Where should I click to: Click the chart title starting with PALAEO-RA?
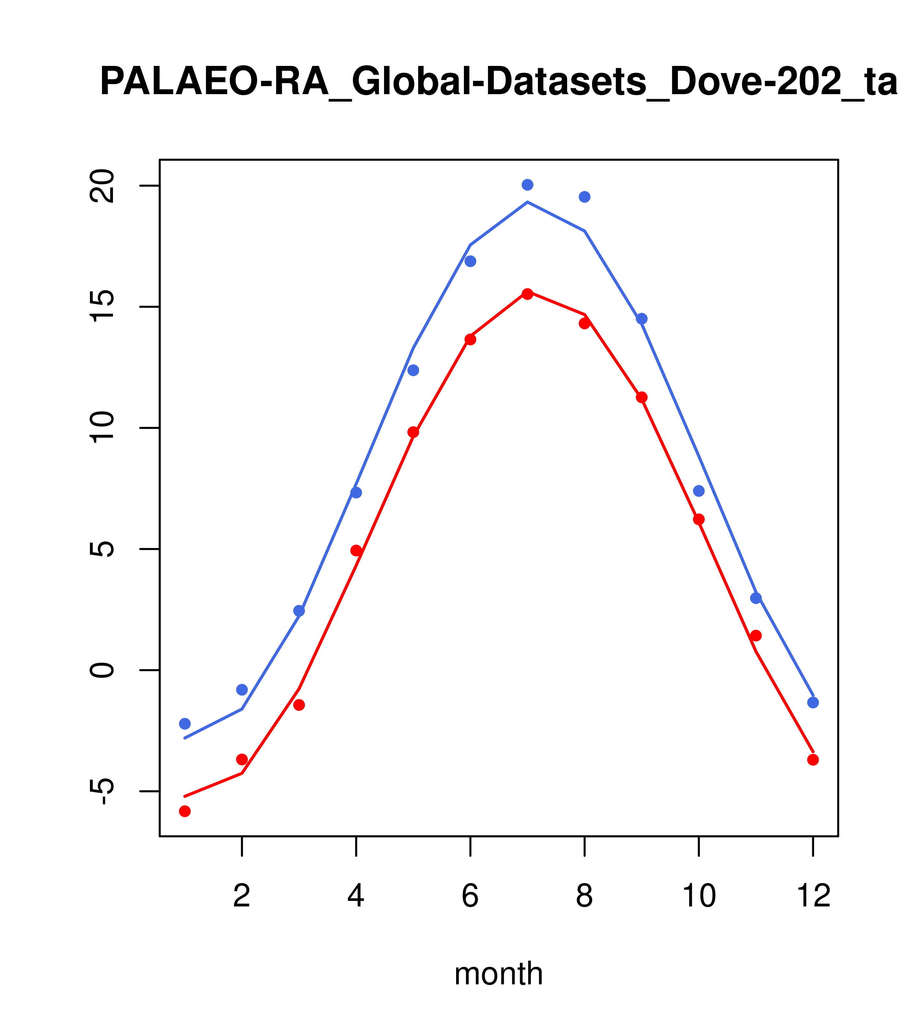pos(498,82)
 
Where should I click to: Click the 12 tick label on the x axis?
pos(813,896)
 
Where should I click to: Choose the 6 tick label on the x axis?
pos(470,896)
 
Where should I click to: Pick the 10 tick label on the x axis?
pos(699,896)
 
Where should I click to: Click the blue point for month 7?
pos(528,185)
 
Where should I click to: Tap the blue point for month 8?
pos(585,197)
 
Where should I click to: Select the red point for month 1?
pos(185,811)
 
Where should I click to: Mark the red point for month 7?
pos(528,294)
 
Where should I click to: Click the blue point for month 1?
pos(185,724)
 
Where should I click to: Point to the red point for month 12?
pos(813,760)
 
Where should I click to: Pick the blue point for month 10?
pos(699,491)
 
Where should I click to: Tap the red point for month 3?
pos(299,705)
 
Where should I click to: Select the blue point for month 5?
pos(413,370)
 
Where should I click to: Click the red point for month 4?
pos(356,550)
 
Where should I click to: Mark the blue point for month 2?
pos(242,690)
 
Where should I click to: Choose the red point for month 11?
pos(756,635)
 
